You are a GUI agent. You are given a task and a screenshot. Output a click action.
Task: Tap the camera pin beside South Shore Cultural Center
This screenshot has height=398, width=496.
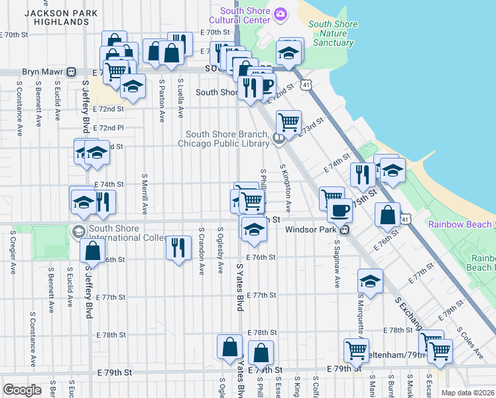click(280, 13)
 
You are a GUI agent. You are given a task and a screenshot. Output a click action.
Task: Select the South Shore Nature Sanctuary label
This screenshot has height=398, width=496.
click(332, 34)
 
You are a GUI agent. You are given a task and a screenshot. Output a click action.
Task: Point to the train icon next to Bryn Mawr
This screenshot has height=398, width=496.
click(70, 72)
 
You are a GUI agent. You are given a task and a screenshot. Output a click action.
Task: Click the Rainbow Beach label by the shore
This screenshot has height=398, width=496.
click(459, 224)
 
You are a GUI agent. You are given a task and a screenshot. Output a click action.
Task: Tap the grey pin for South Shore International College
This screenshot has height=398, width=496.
click(78, 231)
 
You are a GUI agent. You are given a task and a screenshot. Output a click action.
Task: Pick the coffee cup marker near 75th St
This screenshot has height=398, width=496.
click(340, 210)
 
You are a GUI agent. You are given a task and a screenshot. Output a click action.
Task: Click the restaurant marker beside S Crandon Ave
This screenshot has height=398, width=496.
click(177, 247)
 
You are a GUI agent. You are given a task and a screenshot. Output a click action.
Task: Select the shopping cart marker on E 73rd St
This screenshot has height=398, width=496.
click(288, 122)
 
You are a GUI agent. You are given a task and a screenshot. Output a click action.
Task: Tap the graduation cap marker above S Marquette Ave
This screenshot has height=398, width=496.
click(370, 280)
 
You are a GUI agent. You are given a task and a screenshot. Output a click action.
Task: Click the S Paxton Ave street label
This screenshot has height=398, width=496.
click(162, 101)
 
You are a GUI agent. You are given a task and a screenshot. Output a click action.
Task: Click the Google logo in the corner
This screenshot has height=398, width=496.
click(22, 389)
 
